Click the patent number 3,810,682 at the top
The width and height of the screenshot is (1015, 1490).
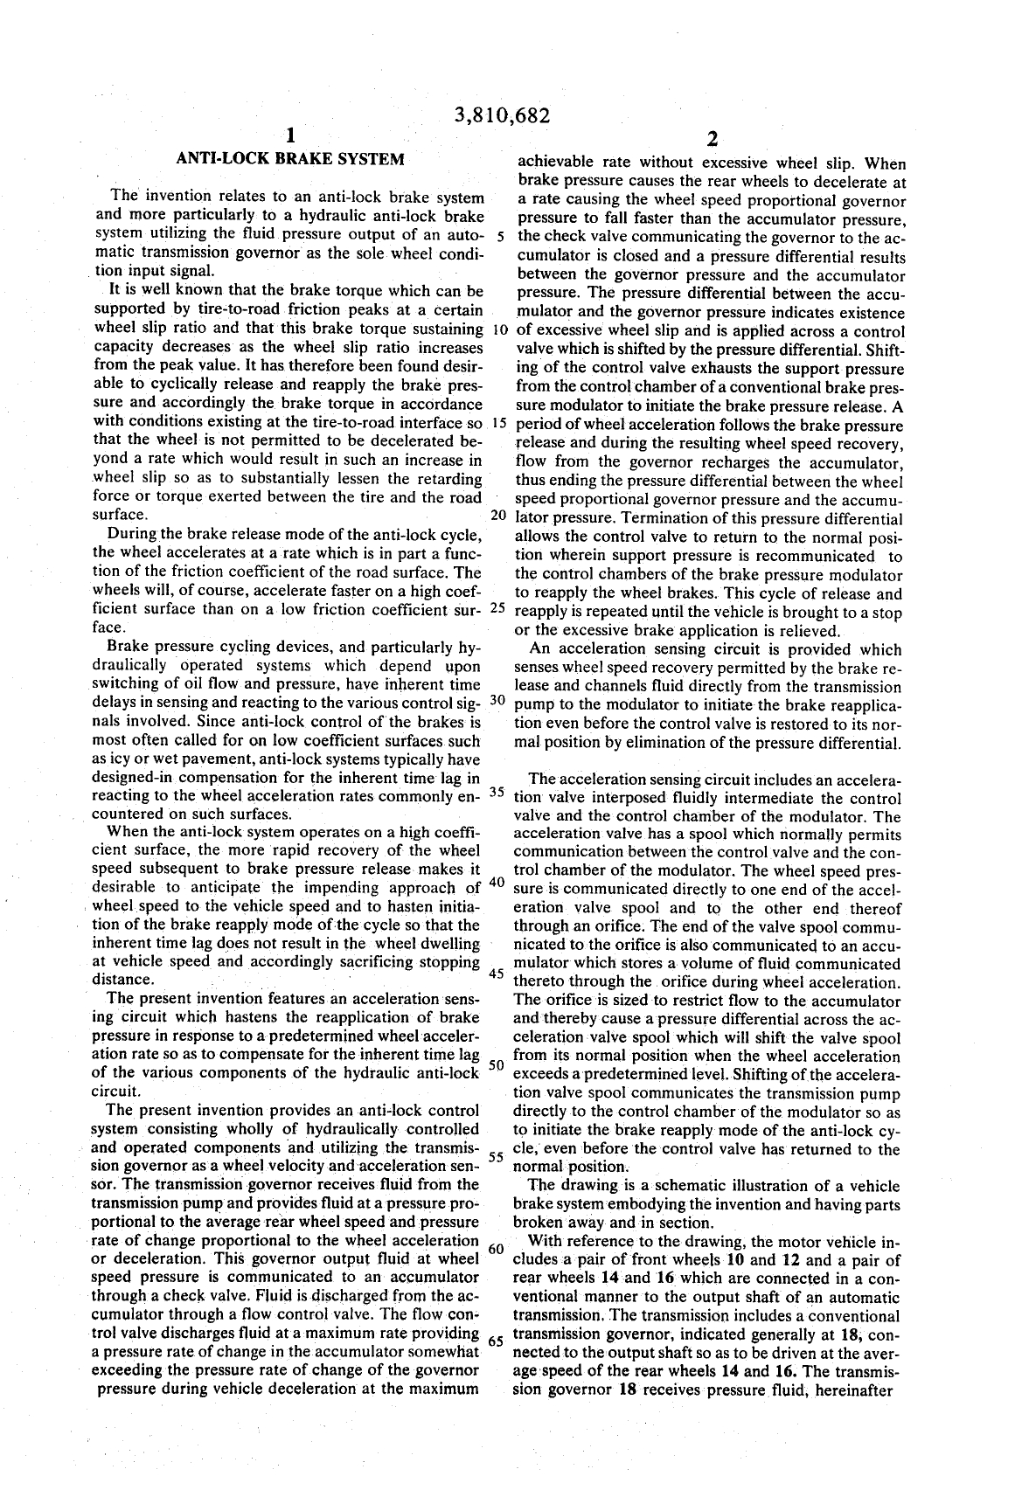pos(504,116)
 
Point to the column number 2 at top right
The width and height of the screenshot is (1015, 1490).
pos(712,139)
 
